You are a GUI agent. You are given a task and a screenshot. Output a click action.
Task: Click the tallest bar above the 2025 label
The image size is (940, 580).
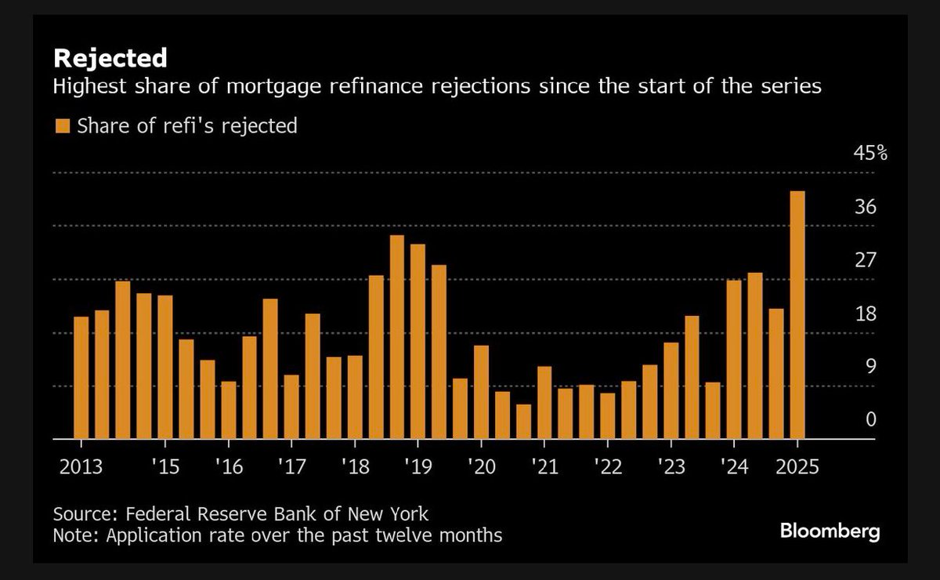tap(797, 314)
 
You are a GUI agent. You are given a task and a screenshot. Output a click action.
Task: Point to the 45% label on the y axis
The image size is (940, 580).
tap(869, 153)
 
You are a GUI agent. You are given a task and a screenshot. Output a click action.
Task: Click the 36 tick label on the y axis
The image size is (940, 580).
tap(865, 207)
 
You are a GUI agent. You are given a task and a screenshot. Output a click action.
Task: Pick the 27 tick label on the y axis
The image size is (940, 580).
tap(865, 260)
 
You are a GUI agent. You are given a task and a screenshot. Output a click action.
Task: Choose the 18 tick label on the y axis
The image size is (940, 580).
tap(865, 314)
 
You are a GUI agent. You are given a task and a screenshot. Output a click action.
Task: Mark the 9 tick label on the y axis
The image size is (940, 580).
tap(869, 367)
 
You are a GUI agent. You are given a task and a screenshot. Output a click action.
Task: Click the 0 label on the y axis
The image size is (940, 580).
tap(869, 420)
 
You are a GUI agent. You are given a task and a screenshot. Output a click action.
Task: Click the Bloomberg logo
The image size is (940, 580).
tap(830, 531)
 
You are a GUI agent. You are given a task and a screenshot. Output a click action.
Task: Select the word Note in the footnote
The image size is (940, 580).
tap(73, 536)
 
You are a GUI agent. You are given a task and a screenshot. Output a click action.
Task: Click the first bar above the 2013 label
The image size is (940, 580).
tap(81, 378)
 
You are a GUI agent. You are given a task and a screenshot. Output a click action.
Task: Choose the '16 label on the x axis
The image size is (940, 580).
tap(228, 467)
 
